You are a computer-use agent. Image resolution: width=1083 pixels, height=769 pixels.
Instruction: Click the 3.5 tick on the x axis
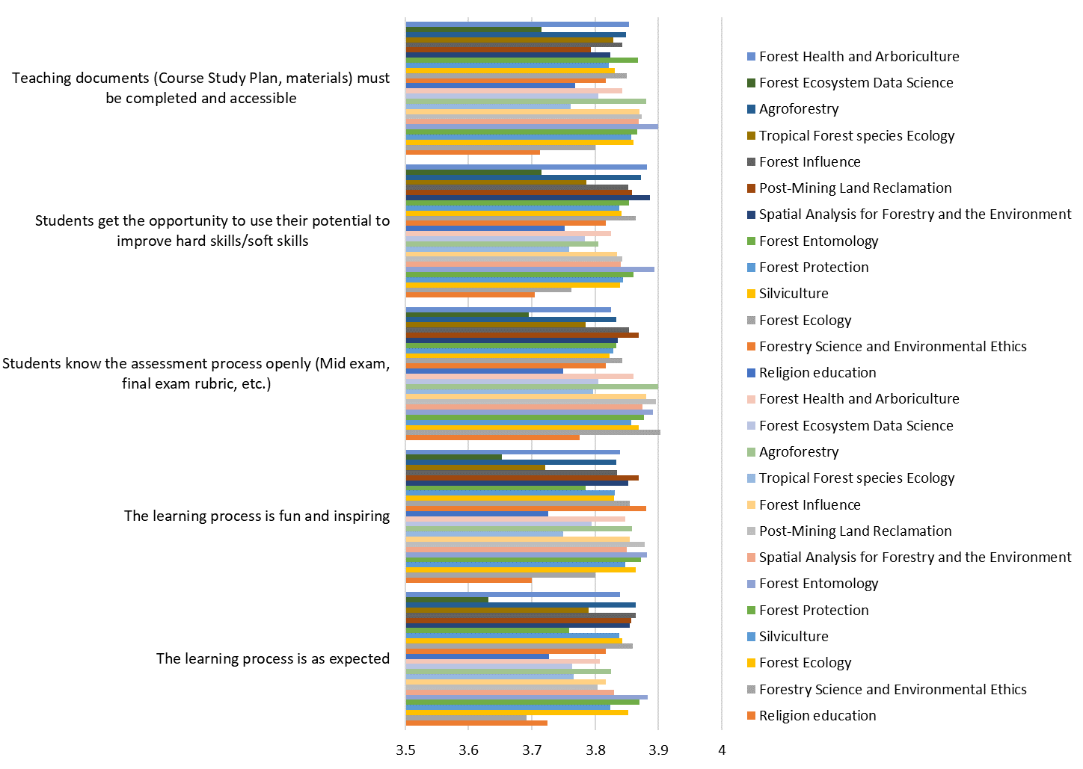[405, 750]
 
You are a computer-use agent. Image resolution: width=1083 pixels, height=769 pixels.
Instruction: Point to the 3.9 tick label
[658, 750]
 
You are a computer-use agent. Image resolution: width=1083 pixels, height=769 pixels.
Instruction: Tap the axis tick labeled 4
[722, 750]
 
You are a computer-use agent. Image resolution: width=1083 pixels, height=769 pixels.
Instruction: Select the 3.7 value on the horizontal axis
[532, 750]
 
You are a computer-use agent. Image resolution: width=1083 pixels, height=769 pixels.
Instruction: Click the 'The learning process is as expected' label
[272, 658]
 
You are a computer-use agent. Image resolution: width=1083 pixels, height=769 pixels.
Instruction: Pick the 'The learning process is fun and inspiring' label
[257, 516]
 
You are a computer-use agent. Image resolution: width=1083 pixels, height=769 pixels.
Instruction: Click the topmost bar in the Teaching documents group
[517, 25]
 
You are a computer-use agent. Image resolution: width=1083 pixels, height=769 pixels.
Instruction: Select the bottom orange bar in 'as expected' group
[476, 723]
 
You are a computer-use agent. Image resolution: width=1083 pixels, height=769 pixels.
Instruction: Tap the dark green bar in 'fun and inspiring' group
[453, 457]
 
